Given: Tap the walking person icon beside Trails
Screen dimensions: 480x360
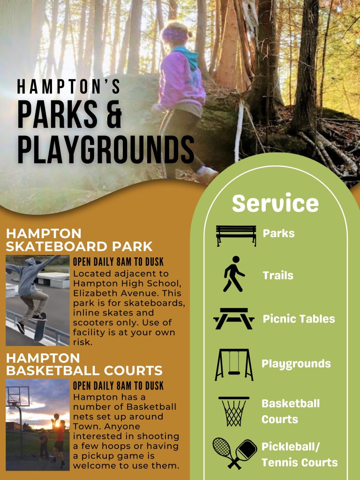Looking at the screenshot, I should pyautogui.click(x=233, y=274).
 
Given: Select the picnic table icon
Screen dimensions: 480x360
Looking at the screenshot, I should pyautogui.click(x=234, y=319).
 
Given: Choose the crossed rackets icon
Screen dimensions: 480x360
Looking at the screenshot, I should pyautogui.click(x=234, y=453).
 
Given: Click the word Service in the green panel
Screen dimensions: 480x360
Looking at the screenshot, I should pyautogui.click(x=275, y=203).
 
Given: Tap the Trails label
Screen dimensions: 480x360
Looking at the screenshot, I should pyautogui.click(x=277, y=275).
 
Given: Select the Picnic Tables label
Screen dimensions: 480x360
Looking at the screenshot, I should pyautogui.click(x=299, y=319).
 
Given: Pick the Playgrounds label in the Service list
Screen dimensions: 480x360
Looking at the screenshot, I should pyautogui.click(x=296, y=364).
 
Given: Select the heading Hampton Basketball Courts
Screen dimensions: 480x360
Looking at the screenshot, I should pyautogui.click(x=84, y=364).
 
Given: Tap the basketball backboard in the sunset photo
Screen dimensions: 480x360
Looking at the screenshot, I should pyautogui.click(x=17, y=397).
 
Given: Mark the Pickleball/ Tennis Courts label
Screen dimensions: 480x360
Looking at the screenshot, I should pyautogui.click(x=299, y=454).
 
